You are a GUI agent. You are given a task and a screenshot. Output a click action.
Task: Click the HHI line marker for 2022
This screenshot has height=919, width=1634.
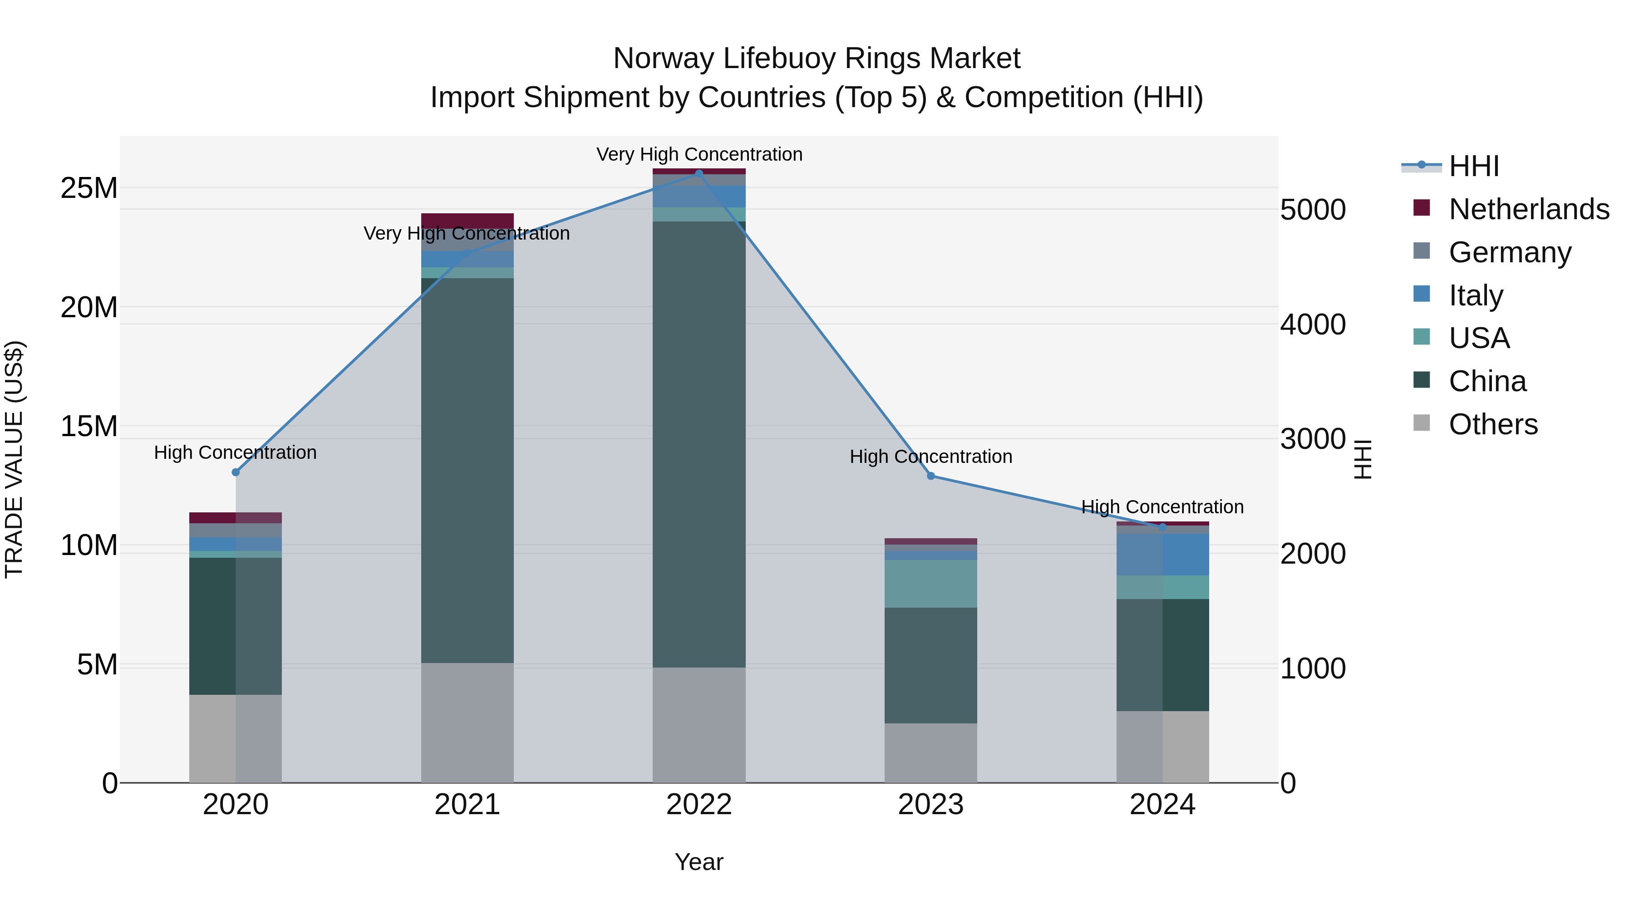(699, 173)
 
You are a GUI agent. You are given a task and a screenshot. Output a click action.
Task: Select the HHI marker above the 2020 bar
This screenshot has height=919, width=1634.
(235, 472)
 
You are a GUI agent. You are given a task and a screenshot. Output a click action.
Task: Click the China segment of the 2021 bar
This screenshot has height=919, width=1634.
(467, 469)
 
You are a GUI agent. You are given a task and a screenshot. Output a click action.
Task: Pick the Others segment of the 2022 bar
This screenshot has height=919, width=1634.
(699, 725)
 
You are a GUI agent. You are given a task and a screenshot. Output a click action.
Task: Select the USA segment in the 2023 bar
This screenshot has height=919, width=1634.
(930, 584)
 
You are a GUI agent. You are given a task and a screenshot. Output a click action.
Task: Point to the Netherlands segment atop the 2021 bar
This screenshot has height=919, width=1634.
(467, 221)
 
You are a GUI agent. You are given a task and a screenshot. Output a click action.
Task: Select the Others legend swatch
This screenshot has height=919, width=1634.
(1422, 423)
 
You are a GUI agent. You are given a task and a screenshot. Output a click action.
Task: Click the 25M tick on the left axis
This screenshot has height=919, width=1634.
(89, 188)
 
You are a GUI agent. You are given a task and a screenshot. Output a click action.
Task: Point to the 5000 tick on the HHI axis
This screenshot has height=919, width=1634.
(1312, 210)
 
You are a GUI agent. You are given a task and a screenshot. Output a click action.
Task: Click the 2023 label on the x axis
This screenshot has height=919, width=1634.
(930, 805)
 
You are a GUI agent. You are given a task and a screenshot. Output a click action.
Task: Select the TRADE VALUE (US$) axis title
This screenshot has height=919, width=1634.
(14, 459)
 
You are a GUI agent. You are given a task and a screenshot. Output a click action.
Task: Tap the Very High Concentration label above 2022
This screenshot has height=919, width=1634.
(699, 155)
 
